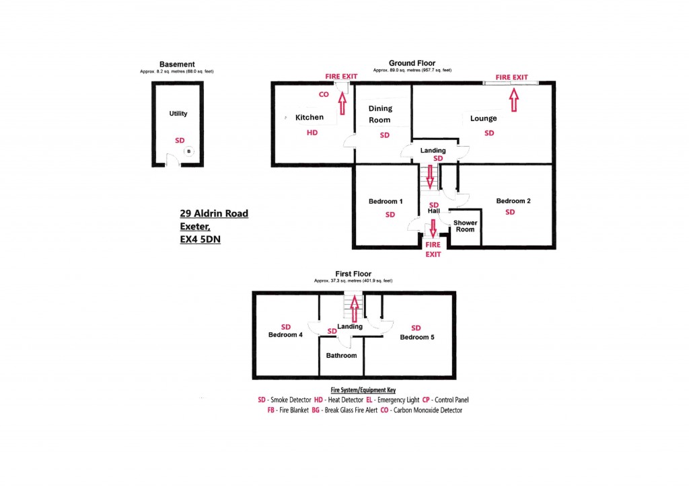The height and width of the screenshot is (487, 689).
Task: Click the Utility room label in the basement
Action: click(x=178, y=113)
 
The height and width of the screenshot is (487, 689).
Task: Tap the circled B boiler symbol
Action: click(x=188, y=151)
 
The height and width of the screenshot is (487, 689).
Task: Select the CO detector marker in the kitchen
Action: click(x=324, y=94)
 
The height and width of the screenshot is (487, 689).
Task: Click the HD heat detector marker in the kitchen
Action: click(x=312, y=133)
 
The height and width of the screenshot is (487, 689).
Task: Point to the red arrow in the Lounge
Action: click(x=513, y=100)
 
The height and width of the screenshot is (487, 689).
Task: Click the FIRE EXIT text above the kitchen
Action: click(x=341, y=77)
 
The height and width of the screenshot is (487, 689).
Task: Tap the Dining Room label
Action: click(x=380, y=114)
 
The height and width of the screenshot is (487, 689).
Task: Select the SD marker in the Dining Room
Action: click(x=384, y=135)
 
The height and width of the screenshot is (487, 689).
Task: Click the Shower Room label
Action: click(x=465, y=226)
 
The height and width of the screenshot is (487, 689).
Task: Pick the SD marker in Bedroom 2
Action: click(x=510, y=212)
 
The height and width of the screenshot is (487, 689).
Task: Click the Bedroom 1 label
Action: click(x=386, y=201)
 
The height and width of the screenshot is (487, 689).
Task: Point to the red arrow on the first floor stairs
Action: click(x=354, y=309)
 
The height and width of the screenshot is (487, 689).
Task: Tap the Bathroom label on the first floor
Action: click(x=341, y=355)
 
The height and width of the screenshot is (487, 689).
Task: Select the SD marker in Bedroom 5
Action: click(x=416, y=328)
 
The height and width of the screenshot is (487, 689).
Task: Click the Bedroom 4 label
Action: click(x=285, y=334)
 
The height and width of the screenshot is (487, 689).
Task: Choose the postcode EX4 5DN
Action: click(x=201, y=239)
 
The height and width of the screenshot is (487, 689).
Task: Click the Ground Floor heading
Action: click(x=412, y=63)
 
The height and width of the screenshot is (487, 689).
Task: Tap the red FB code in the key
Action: click(x=270, y=410)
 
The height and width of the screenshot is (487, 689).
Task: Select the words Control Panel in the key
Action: click(x=451, y=400)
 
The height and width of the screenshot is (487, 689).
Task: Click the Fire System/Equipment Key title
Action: click(x=363, y=390)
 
